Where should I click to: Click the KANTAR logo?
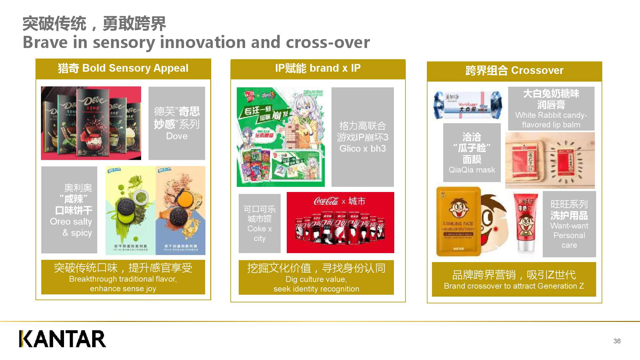click(x=62, y=339)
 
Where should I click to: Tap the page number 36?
click(x=617, y=341)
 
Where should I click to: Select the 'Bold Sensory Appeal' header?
click(x=123, y=68)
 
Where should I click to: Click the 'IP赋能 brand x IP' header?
click(x=318, y=68)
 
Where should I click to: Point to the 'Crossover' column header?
click(x=514, y=70)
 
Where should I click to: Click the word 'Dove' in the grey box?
click(x=177, y=136)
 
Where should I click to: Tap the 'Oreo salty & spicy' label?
click(x=71, y=227)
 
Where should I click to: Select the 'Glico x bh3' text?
click(x=363, y=148)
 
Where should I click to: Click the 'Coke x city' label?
click(x=260, y=233)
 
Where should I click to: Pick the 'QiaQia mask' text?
click(x=472, y=170)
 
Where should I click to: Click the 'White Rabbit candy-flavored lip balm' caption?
click(x=551, y=120)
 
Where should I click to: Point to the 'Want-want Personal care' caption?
click(x=569, y=235)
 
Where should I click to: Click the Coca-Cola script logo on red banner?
click(x=326, y=201)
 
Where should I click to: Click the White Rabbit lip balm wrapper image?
click(x=468, y=104)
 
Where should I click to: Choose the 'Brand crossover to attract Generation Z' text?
click(x=514, y=286)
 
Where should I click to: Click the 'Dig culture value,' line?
click(x=316, y=279)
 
